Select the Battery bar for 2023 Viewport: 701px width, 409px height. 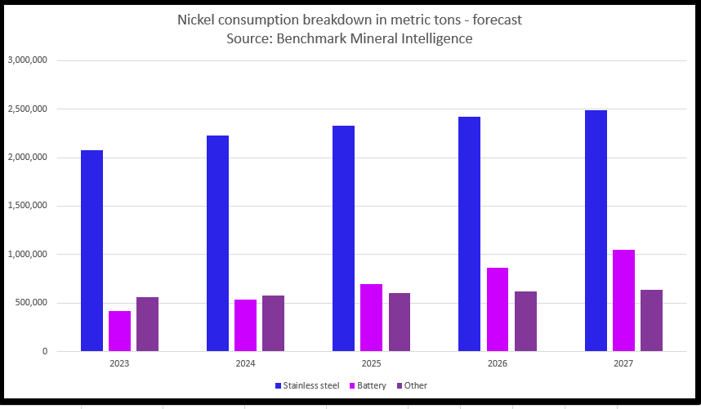[x=119, y=331]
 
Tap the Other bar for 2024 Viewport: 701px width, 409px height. [x=273, y=323]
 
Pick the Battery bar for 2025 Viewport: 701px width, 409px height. [x=372, y=318]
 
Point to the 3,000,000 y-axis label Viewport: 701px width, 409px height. [x=27, y=60]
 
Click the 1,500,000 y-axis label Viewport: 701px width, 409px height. [x=27, y=206]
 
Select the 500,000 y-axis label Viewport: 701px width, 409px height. [x=31, y=303]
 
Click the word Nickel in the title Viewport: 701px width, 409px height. [x=199, y=19]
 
